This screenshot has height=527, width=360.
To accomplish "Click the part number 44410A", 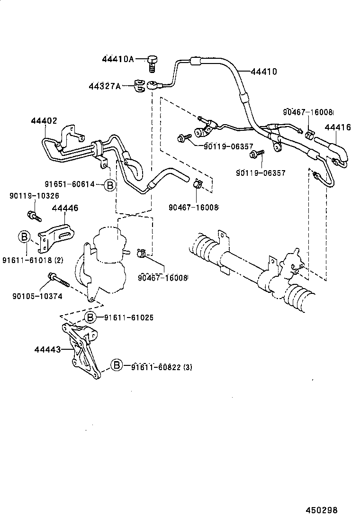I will [x=117, y=59].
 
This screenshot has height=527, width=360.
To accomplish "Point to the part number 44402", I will [x=44, y=121].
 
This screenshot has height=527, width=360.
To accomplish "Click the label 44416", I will [x=337, y=127].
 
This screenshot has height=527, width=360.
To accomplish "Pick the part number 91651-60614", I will [x=70, y=184].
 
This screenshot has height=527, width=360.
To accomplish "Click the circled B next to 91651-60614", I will [x=109, y=185].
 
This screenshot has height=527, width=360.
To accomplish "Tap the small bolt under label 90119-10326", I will [x=34, y=216].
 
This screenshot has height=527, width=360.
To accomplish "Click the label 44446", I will [x=65, y=208].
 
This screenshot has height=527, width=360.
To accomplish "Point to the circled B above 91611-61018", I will [x=24, y=236].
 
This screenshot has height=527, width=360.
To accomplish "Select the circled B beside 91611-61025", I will [x=90, y=317].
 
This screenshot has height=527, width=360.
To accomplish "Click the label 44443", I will [x=47, y=350].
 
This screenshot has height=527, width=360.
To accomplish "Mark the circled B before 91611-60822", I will [x=116, y=364].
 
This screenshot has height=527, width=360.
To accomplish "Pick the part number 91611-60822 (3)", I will [x=155, y=367].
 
